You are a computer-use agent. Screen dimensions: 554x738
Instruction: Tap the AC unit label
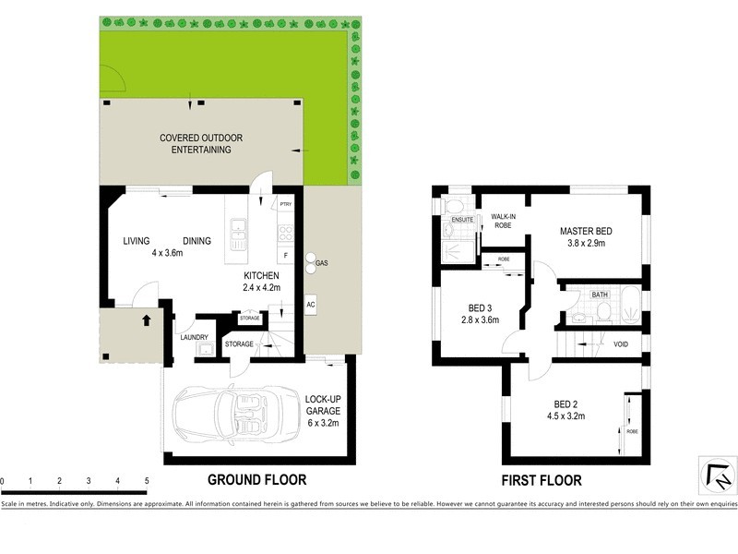(x=311, y=305)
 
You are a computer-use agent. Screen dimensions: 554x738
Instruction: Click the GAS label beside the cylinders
(x=322, y=263)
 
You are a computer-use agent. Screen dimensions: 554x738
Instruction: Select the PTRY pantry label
(x=285, y=207)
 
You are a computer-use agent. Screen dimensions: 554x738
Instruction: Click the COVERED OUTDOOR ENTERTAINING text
(x=200, y=143)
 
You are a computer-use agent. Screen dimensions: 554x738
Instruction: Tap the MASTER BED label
(x=586, y=231)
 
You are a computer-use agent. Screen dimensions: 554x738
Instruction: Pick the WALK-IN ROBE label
(x=504, y=220)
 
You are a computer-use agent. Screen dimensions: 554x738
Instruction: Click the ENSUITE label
(x=463, y=220)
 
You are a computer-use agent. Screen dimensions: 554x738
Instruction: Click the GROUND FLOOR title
(x=256, y=480)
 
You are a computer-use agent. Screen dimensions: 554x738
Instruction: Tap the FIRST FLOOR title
(x=541, y=480)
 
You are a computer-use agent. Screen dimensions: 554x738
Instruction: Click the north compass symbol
(x=716, y=476)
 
